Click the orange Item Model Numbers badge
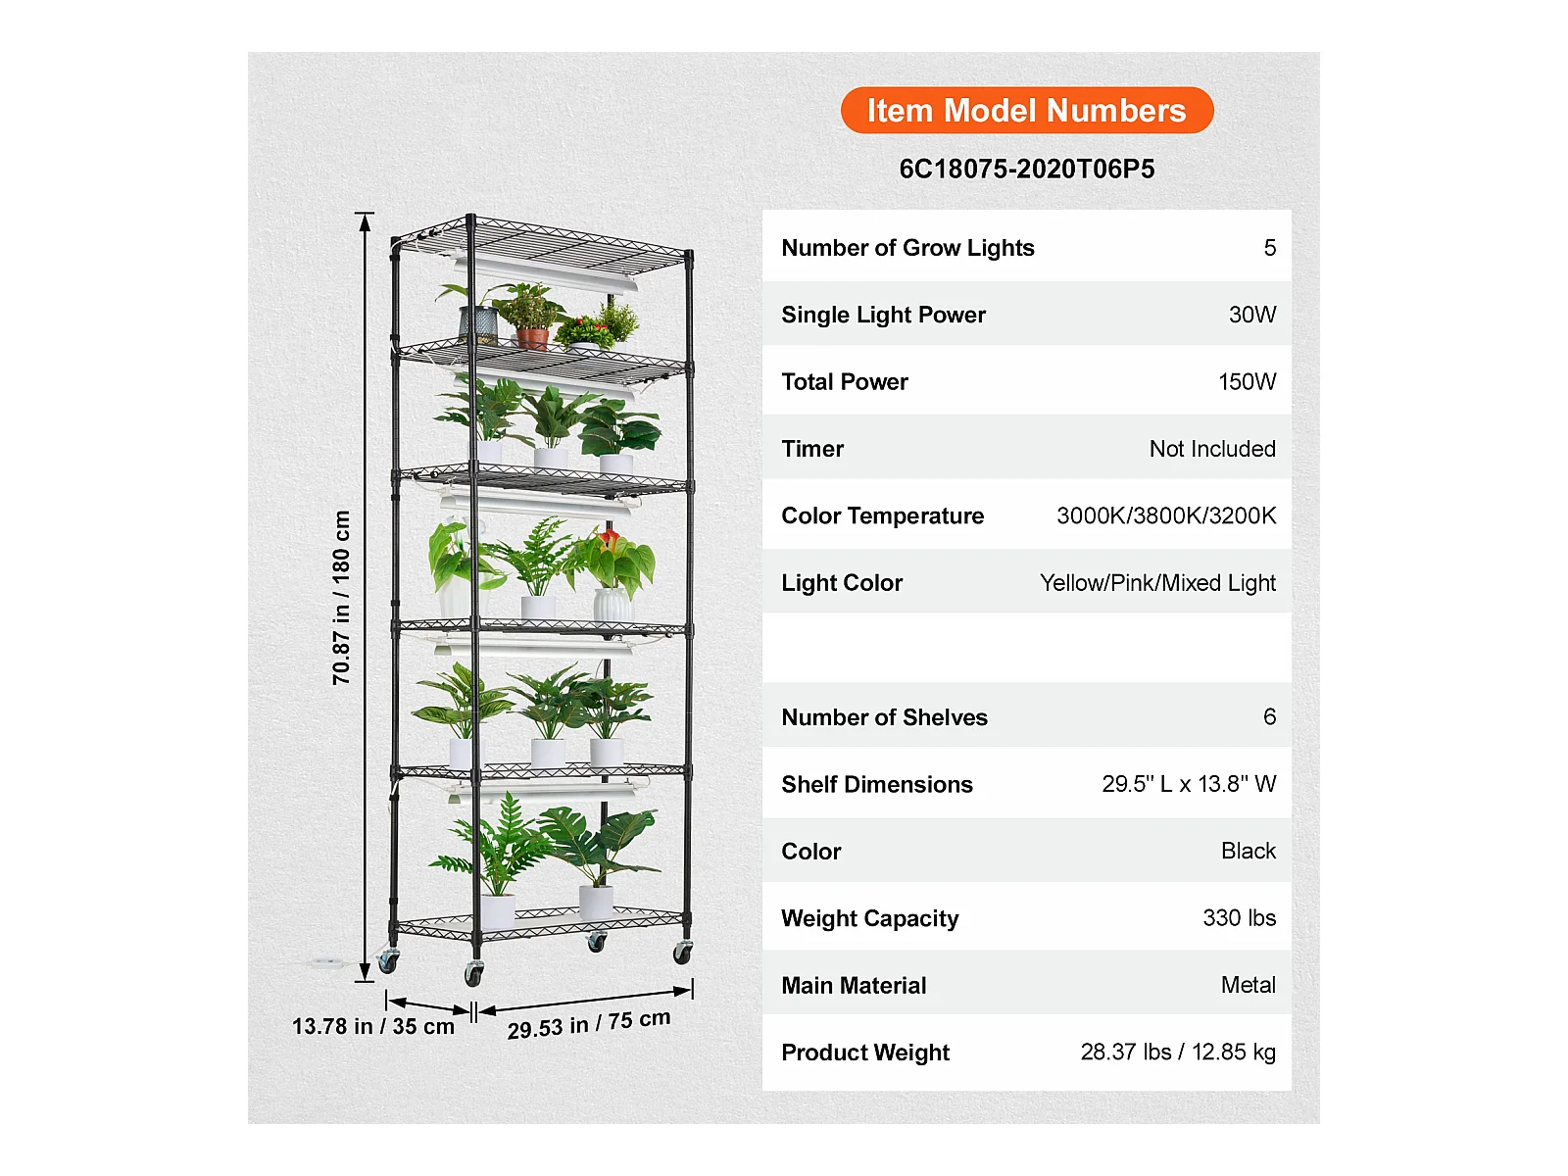[1026, 111]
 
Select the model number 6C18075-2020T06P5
[1026, 169]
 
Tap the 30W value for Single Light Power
[1251, 315]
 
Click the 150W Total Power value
[1247, 382]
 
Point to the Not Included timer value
[1211, 449]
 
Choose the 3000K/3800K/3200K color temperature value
[1165, 515]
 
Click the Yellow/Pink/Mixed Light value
[1157, 583]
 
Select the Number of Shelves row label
[884, 717]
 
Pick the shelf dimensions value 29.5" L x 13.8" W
[1188, 784]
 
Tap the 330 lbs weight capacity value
[1239, 918]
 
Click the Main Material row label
[854, 986]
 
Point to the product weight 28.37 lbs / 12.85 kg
[1177, 1053]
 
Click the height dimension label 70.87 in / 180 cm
[341, 598]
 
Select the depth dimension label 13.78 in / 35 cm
[372, 1027]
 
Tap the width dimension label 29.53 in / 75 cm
[588, 1024]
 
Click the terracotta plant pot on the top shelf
[532, 339]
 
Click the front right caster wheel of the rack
[682, 951]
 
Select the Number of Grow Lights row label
[907, 248]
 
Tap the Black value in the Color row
[1248, 852]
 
